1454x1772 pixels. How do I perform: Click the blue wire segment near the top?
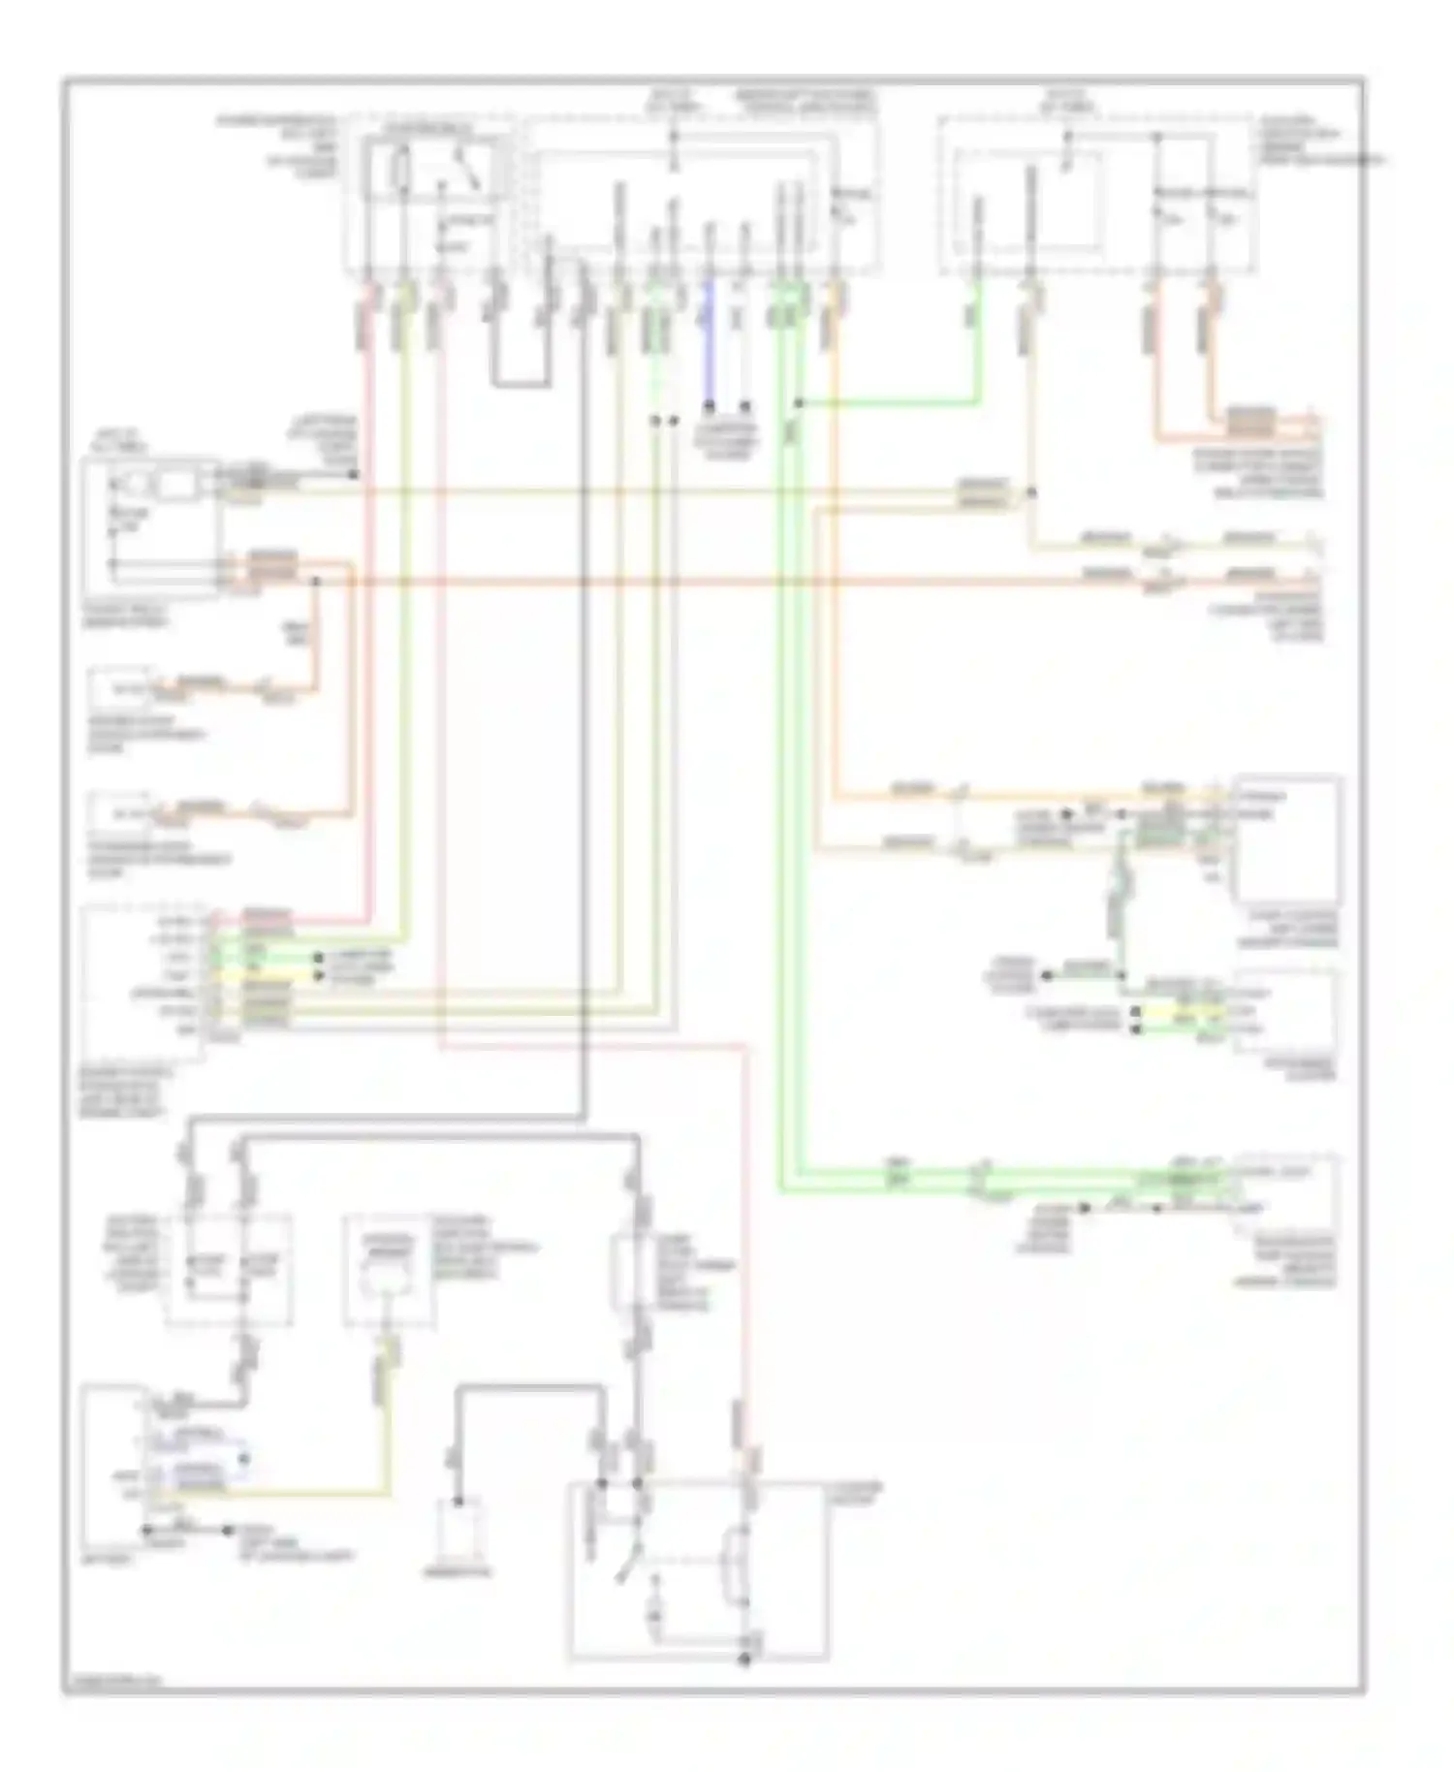[709, 339]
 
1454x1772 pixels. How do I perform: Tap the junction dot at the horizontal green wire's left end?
[798, 402]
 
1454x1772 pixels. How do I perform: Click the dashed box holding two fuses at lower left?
[229, 1270]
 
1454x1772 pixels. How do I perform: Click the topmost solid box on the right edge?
[1287, 839]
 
